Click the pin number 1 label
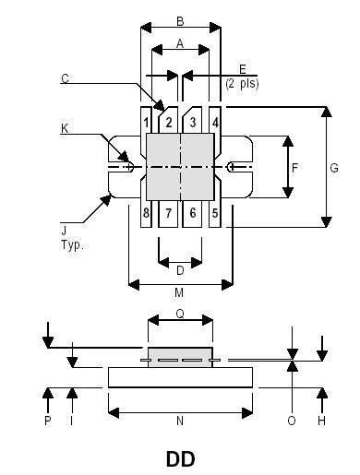pos(147,122)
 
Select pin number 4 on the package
pos(215,122)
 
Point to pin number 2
pos(169,122)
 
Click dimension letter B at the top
pos(180,20)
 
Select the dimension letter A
pos(180,42)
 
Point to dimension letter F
pos(295,168)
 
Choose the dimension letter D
pos(180,270)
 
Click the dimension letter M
pos(180,293)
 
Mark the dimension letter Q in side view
pos(180,314)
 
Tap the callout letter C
pos(66,79)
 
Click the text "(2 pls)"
pos(242,83)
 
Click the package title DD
pos(180,458)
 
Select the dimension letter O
pos(292,421)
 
